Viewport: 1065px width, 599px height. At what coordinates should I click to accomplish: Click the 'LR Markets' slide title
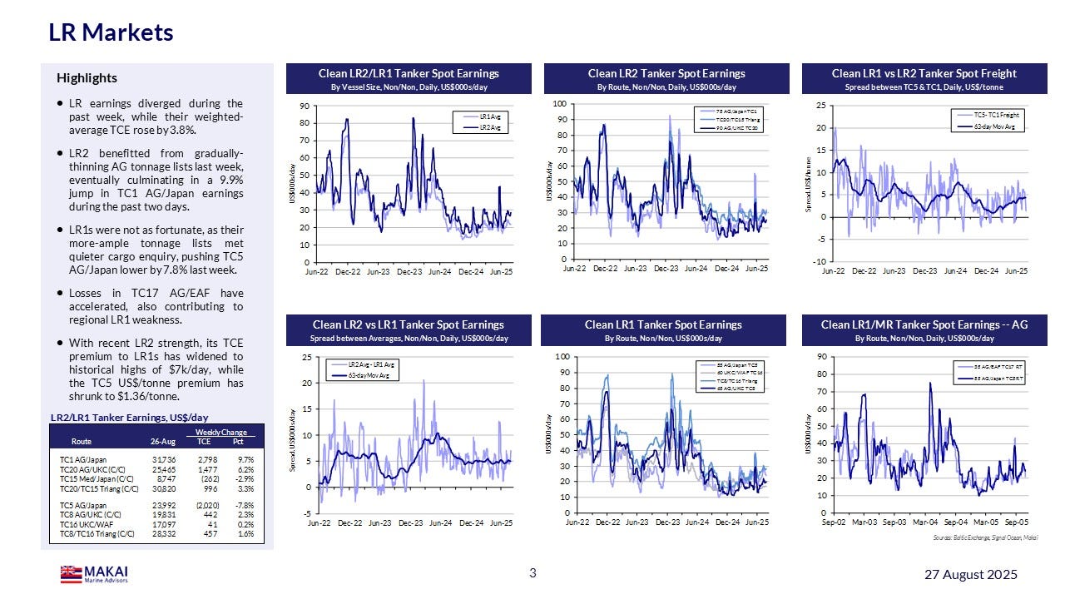pyautogui.click(x=111, y=32)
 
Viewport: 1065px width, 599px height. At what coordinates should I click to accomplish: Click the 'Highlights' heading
pyautogui.click(x=87, y=78)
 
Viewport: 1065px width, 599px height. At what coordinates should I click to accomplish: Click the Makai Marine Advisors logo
pyautogui.click(x=94, y=574)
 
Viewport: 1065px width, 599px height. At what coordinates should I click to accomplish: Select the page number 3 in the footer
pyautogui.click(x=532, y=573)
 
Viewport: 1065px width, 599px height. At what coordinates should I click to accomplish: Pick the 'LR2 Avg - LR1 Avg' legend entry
pyautogui.click(x=370, y=365)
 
